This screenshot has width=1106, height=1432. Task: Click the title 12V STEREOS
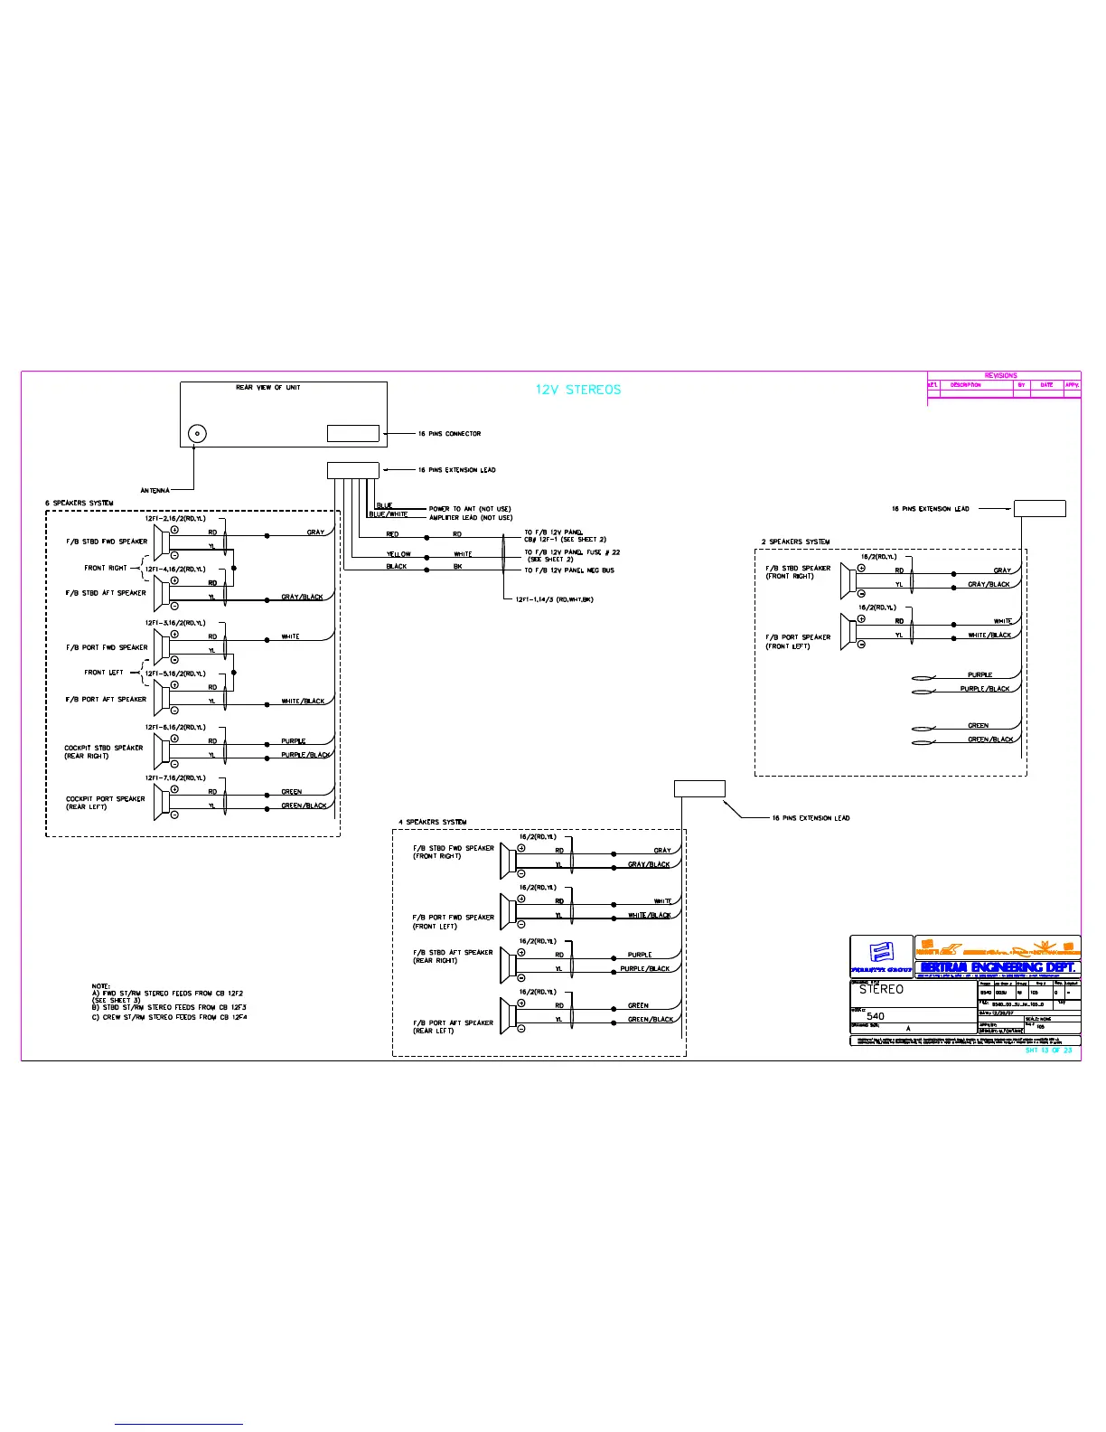pyautogui.click(x=578, y=390)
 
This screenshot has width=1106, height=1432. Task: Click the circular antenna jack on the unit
pyautogui.click(x=197, y=434)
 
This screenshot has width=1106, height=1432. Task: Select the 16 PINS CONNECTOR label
pyautogui.click(x=449, y=434)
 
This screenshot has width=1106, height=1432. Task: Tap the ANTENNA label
pyautogui.click(x=155, y=490)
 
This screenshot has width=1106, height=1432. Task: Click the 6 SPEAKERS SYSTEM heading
pyautogui.click(x=80, y=503)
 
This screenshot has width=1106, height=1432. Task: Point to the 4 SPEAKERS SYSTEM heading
pyautogui.click(x=433, y=822)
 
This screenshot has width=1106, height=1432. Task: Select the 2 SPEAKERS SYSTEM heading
pyautogui.click(x=795, y=542)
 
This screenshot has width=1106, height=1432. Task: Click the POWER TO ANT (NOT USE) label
pyautogui.click(x=470, y=509)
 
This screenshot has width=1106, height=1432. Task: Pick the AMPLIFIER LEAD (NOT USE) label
pyautogui.click(x=471, y=518)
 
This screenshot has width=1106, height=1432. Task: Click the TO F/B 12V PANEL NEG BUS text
pyautogui.click(x=569, y=570)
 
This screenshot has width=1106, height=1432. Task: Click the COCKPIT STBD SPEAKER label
pyautogui.click(x=104, y=748)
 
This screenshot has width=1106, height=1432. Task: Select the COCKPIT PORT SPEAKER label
pyautogui.click(x=106, y=798)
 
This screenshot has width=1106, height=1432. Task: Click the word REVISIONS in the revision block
pyautogui.click(x=1000, y=375)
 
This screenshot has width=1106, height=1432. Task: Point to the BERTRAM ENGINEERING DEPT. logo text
pyautogui.click(x=998, y=967)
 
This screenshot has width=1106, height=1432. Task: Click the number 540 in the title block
pyautogui.click(x=876, y=1016)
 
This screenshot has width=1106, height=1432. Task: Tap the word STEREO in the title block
pyautogui.click(x=881, y=989)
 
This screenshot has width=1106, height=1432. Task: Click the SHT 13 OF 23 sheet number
pyautogui.click(x=1048, y=1051)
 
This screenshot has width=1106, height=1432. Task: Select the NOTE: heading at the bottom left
pyautogui.click(x=101, y=985)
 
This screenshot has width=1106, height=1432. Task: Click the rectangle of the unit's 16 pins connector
pyautogui.click(x=352, y=434)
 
